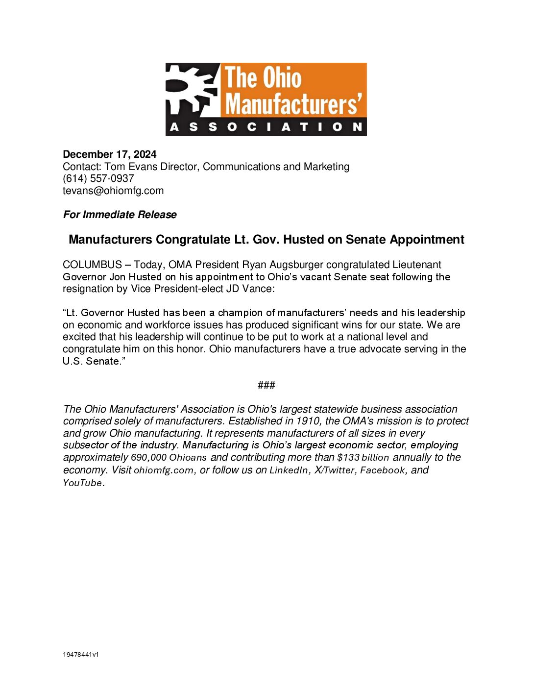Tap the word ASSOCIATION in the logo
pos(266,127)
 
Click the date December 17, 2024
pos(109,154)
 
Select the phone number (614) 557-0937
pos(98,178)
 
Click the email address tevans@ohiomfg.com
pos(113,191)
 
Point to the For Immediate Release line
pos(120,215)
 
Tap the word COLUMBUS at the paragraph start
pos(92,265)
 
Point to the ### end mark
pos(266,385)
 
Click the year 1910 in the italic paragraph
pos(308,421)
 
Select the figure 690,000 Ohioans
pos(169,458)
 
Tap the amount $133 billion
pos(363,458)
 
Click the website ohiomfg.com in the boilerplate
pos(164,470)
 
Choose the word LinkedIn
pos(289,470)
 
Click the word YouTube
pos(83,483)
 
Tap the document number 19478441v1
pos(81,655)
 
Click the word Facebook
pos(383,470)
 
